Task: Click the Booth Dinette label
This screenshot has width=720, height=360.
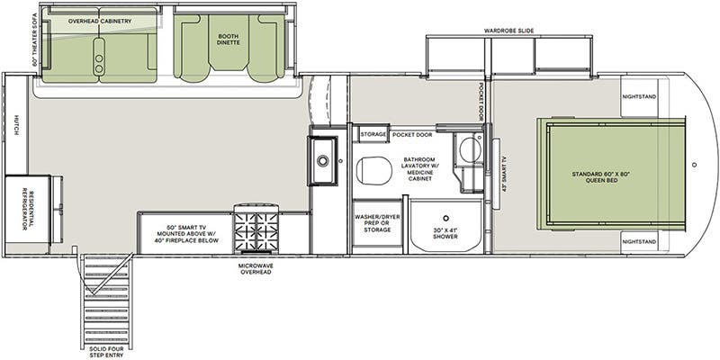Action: tap(229, 39)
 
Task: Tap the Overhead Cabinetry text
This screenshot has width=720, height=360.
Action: tap(100, 21)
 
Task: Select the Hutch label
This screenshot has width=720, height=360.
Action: tap(16, 125)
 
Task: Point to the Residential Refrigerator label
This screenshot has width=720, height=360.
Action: tap(28, 208)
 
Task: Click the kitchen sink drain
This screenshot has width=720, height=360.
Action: tap(323, 161)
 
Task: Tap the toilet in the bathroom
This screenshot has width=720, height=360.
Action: tap(374, 170)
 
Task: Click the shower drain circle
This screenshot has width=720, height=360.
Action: tap(445, 218)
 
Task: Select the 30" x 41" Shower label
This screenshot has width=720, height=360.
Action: tap(445, 233)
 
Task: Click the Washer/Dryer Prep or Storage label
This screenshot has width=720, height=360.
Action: tap(377, 223)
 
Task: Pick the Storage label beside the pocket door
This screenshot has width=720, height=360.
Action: tap(373, 134)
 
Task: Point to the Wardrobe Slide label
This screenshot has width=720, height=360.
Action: tap(508, 31)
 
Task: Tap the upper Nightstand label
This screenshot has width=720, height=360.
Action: tap(639, 97)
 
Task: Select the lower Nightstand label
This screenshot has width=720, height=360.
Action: tap(639, 241)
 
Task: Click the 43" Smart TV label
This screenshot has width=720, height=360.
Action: tap(504, 174)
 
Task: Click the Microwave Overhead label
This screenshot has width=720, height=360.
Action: tap(256, 268)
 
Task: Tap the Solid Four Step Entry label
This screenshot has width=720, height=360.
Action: tap(106, 352)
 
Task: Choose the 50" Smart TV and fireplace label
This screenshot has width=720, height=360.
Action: tap(186, 234)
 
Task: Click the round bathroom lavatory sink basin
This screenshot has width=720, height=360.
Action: tap(470, 150)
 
